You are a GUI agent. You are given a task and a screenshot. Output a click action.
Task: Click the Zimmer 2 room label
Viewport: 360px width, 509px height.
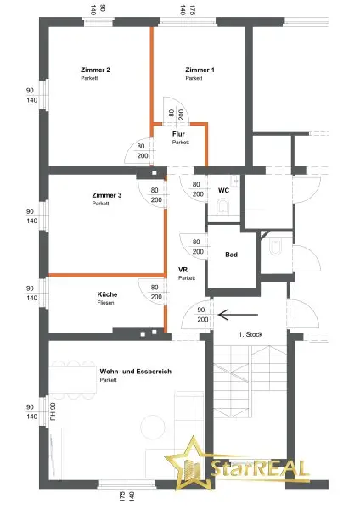[96, 70]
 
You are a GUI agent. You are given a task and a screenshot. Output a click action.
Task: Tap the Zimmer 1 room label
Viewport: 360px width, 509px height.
[200, 70]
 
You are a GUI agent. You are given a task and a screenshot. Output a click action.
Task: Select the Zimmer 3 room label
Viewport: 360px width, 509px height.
[106, 196]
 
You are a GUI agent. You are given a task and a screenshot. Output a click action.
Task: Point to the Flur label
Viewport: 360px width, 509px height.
[178, 134]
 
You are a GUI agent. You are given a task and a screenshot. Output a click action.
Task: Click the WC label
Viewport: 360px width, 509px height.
[223, 190]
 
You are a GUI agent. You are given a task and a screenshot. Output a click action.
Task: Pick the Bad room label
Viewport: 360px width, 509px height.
[230, 255]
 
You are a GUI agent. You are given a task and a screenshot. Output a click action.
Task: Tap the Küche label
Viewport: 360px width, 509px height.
[107, 294]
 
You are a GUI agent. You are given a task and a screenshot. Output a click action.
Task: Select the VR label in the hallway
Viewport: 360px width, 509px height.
[183, 270]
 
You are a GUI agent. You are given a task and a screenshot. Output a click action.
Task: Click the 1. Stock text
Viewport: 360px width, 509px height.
[250, 335]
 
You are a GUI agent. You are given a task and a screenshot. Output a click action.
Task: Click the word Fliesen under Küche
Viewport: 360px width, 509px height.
[106, 303]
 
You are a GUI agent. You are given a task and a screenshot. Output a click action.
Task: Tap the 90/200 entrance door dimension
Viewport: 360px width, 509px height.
[201, 316]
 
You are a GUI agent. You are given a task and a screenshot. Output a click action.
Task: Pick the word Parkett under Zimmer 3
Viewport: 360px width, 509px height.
[101, 204]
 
